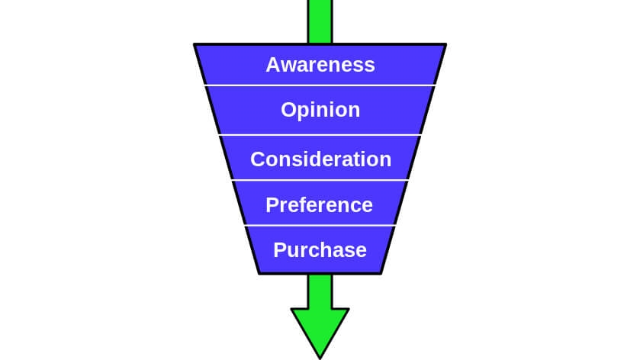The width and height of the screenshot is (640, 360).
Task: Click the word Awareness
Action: (320, 65)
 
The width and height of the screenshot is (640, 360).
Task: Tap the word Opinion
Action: (320, 111)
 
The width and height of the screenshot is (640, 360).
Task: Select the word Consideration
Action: (320, 159)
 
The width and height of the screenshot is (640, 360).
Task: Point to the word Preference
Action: (320, 205)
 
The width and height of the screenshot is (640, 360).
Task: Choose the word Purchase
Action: (320, 250)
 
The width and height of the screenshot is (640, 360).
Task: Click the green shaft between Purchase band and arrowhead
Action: (320, 291)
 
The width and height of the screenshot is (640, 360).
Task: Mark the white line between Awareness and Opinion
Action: (320, 85)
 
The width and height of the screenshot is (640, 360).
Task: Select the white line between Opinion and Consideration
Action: (320, 135)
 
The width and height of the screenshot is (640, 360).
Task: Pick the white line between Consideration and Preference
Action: (320, 181)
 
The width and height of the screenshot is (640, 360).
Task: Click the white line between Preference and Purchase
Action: (320, 226)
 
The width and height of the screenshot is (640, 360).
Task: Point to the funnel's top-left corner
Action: (195, 45)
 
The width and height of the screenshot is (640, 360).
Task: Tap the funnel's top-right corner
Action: (445, 45)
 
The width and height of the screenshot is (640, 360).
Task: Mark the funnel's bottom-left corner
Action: (259, 273)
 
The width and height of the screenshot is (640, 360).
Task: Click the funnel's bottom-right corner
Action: (381, 273)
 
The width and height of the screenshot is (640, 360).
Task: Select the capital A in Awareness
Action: (272, 65)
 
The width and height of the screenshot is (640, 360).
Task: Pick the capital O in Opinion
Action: (288, 110)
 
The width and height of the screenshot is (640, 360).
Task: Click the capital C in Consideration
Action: (258, 159)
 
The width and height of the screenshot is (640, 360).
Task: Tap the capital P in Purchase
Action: (279, 250)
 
